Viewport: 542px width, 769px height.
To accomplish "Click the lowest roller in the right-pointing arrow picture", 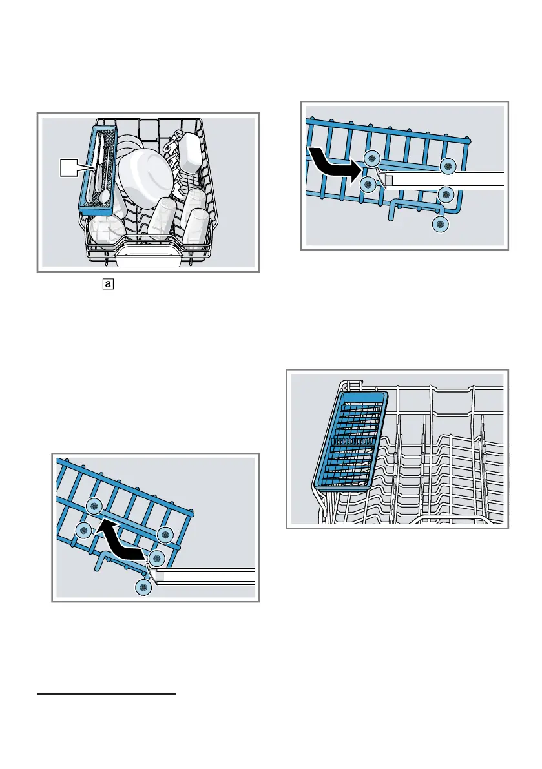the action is [x=440, y=224].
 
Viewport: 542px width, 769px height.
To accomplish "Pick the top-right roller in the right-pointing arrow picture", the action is [x=447, y=167].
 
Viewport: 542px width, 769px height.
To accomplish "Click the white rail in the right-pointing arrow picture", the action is [x=446, y=179].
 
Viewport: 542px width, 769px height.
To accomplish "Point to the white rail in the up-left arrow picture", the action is [x=207, y=576].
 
